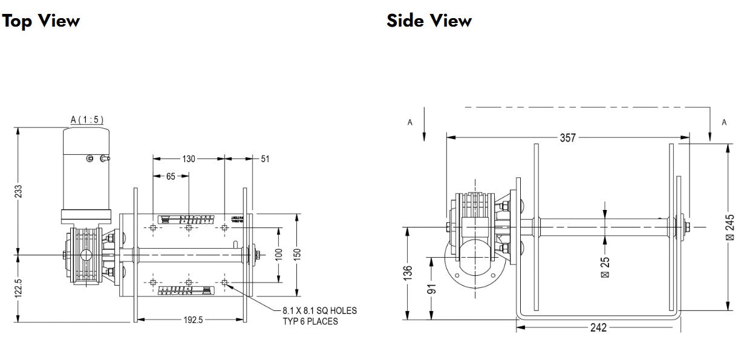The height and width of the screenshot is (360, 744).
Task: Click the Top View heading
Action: click(x=41, y=21)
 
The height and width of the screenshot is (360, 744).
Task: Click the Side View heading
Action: click(x=429, y=21)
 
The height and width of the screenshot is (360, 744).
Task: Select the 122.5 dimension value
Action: click(x=18, y=288)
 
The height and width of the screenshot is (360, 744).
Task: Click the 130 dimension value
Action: click(x=189, y=159)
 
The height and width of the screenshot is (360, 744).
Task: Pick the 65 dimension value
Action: click(x=171, y=176)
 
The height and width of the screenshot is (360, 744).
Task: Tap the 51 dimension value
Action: click(x=264, y=159)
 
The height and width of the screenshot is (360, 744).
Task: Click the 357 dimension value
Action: click(x=567, y=137)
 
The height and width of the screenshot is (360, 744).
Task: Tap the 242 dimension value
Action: click(x=598, y=328)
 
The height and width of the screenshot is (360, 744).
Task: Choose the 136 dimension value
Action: click(x=408, y=272)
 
